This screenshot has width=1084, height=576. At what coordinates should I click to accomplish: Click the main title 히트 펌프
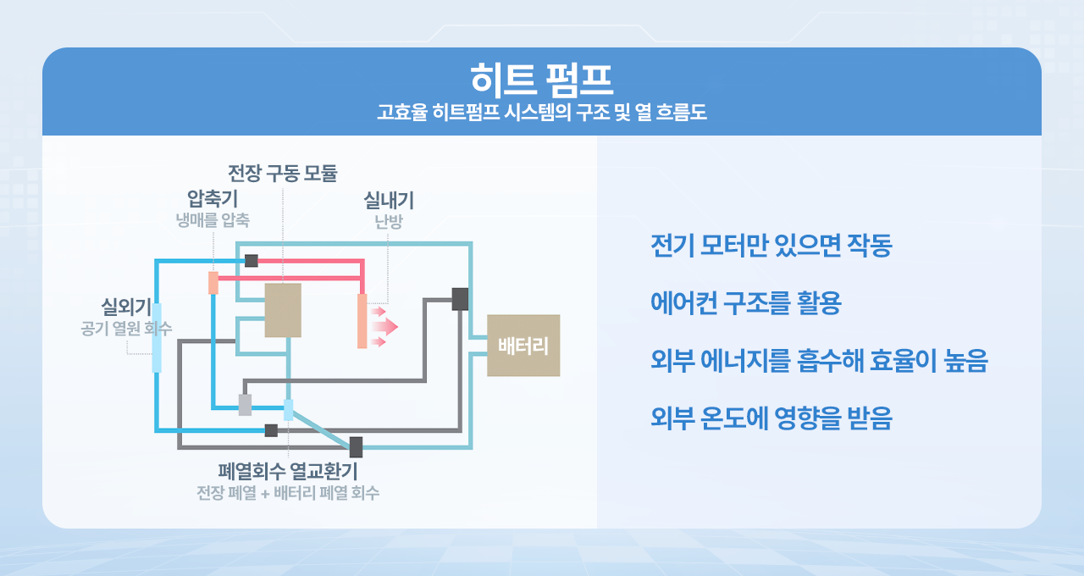[x=541, y=80]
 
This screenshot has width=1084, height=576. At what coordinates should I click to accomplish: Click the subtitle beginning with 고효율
[x=541, y=113]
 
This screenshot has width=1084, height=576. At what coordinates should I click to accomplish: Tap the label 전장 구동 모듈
[x=283, y=174]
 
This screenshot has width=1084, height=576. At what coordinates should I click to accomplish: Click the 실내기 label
[x=389, y=201]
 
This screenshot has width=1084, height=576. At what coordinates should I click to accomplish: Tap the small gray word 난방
[x=389, y=222]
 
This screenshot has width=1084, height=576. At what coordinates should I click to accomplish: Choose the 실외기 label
[x=126, y=306]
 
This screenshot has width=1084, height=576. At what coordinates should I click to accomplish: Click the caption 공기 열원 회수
[x=126, y=327]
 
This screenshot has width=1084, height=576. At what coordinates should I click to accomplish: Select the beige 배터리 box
[x=523, y=346]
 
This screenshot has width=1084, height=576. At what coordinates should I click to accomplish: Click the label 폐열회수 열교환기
[x=288, y=471]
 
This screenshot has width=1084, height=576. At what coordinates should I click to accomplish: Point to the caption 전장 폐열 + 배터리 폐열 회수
[x=288, y=493]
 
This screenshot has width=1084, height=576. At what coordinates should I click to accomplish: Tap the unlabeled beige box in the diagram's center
[x=283, y=310]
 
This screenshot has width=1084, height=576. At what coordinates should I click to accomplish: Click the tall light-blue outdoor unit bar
[x=157, y=337]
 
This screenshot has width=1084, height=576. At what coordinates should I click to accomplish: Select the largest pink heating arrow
[x=384, y=326]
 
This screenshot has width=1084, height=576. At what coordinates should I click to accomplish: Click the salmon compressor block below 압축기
[x=213, y=283]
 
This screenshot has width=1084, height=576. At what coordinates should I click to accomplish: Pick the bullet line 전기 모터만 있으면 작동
[x=771, y=246]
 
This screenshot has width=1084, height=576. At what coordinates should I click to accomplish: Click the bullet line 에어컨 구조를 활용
[x=745, y=304]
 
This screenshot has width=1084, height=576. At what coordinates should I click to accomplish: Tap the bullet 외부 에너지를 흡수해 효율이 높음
[x=819, y=362]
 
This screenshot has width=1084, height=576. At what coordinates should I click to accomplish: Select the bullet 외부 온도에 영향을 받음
[x=771, y=418]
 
